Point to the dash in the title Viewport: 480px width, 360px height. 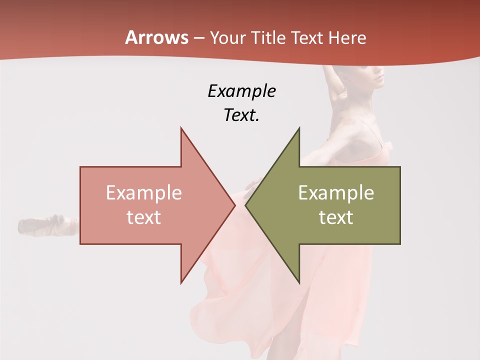199,38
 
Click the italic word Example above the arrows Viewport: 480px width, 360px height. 241,91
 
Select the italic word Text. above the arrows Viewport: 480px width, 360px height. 241,115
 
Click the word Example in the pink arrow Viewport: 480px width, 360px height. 144,192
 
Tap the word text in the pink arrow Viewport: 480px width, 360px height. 144,217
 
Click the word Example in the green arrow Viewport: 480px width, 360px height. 336,192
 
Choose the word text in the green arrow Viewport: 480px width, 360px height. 336,217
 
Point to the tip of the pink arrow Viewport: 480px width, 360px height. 234,205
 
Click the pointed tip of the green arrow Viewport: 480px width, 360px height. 245,205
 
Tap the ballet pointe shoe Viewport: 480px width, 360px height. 47,225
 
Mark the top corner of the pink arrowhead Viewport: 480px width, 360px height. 181,128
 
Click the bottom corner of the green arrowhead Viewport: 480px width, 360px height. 299,283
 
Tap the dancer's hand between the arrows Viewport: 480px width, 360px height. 253,186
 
